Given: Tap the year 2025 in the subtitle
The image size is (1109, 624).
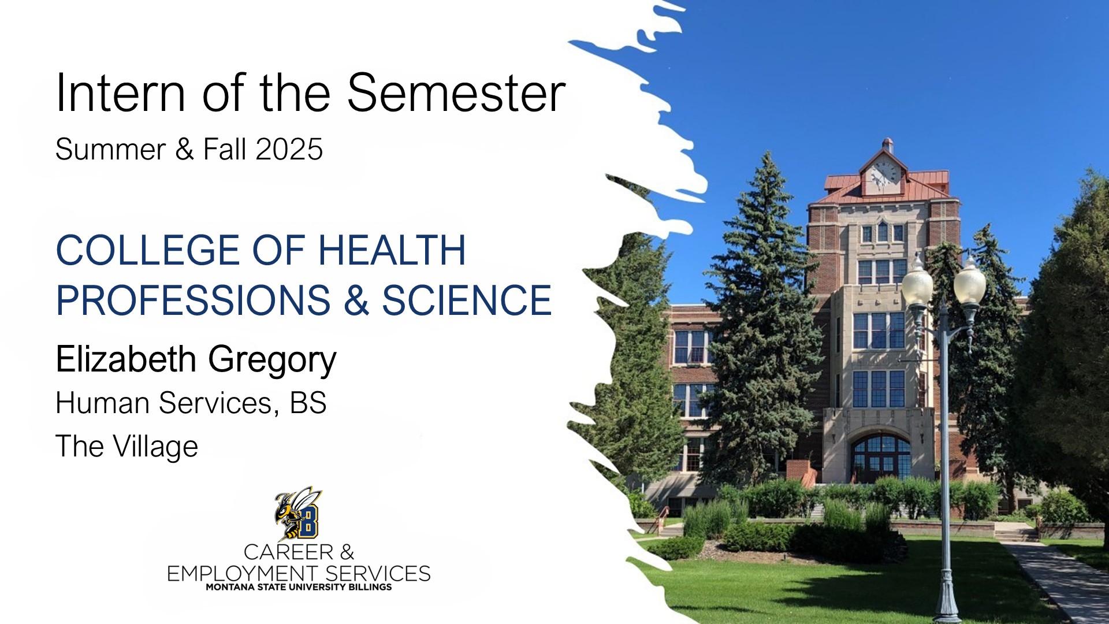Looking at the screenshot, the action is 289,149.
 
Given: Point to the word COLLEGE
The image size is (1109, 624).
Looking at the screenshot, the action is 147,250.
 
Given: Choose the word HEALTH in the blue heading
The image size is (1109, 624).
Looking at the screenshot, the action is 392,250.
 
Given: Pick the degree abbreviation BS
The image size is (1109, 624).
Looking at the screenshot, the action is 308,403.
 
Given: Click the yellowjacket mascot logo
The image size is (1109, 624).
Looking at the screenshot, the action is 299,513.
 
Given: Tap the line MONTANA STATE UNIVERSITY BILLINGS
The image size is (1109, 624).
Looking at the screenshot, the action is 299,587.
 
